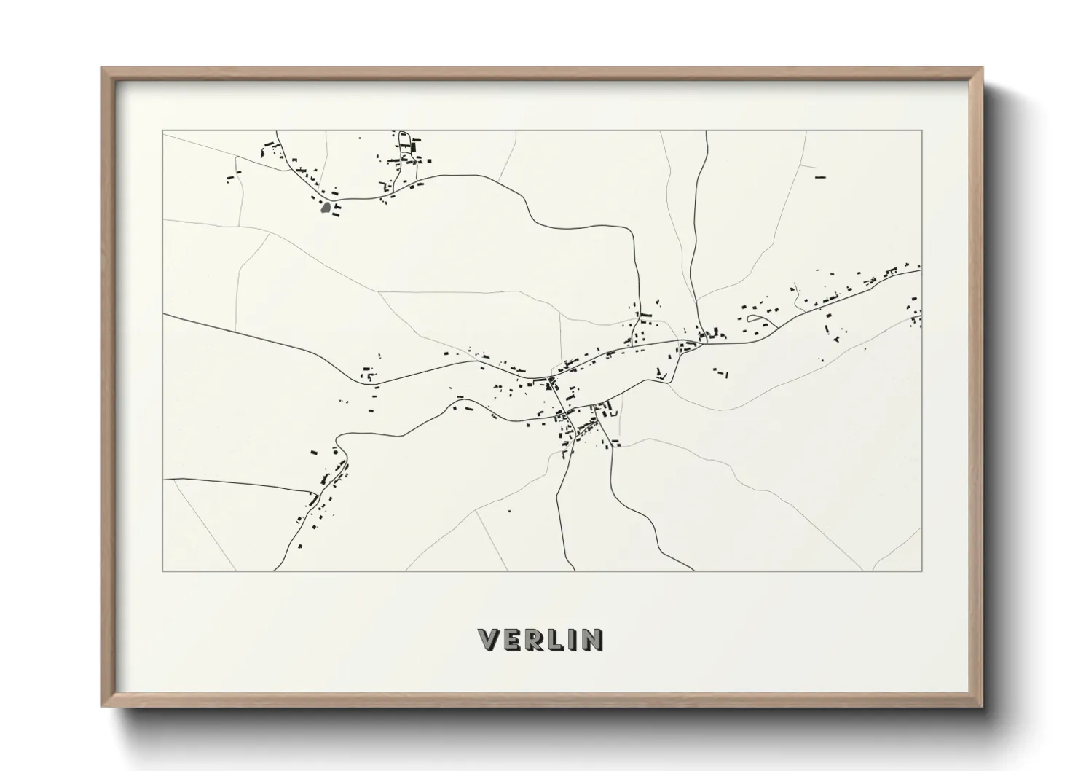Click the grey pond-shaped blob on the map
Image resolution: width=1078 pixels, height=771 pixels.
point(326,208)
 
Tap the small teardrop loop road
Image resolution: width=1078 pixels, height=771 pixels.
point(757,319)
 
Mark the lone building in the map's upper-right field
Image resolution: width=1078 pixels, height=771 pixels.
point(821,177)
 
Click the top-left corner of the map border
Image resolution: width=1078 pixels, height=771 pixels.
point(162,131)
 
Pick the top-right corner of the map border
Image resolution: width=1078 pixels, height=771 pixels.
point(921,131)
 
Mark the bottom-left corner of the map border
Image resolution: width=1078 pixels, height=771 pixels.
point(162,571)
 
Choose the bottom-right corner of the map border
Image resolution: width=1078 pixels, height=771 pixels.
point(921,571)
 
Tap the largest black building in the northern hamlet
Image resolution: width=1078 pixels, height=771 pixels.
point(414,146)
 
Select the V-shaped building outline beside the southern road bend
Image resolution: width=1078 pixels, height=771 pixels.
point(661,375)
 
